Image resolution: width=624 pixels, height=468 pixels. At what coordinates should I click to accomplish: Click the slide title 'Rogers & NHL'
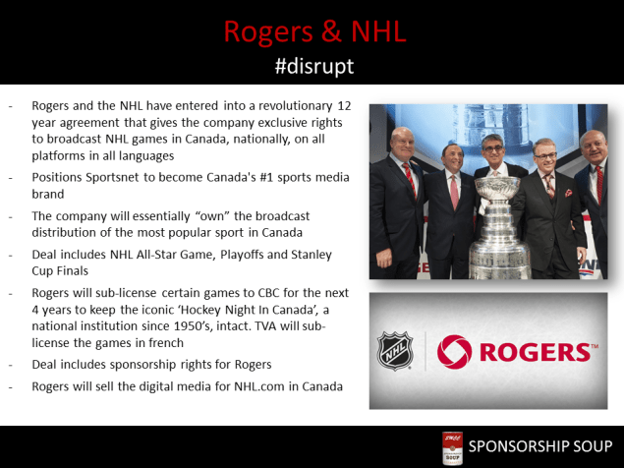[x=312, y=30]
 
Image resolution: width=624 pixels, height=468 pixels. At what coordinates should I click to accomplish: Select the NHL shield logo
[x=396, y=350]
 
